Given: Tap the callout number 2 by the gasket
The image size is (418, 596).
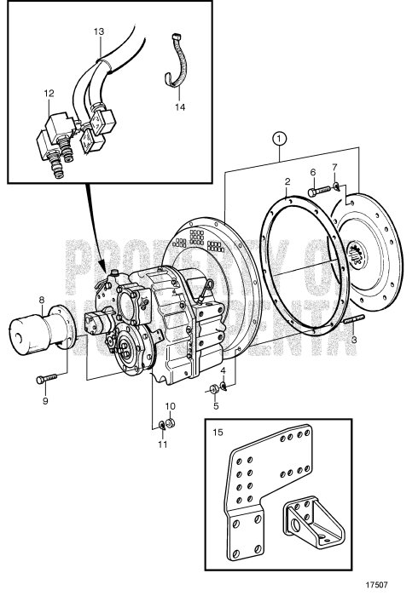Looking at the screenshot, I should point(287,181).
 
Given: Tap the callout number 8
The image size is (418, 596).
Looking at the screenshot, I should point(41,299).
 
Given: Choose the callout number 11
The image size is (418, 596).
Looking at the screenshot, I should point(164,443).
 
